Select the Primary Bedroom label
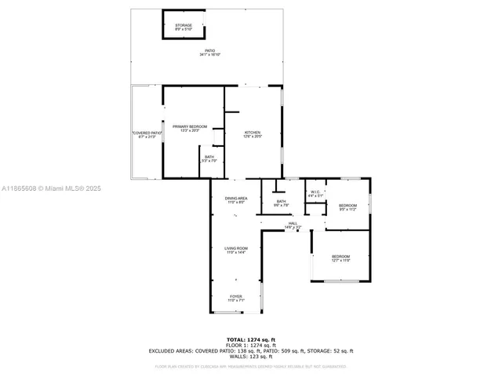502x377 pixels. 190,128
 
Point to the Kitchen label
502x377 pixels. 252,134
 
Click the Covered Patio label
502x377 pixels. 147,134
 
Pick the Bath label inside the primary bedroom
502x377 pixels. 209,159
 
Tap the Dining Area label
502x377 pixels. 236,201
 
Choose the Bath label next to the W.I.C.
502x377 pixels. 281,203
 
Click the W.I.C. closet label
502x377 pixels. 314,193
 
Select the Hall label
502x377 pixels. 292,225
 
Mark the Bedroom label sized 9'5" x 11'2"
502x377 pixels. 347,207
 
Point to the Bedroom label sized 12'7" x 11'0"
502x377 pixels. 340,258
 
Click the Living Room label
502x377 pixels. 235,251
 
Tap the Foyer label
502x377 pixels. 236,298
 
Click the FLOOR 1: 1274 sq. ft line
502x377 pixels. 251,345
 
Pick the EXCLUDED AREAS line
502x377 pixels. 251,351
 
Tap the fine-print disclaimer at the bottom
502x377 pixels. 251,366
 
